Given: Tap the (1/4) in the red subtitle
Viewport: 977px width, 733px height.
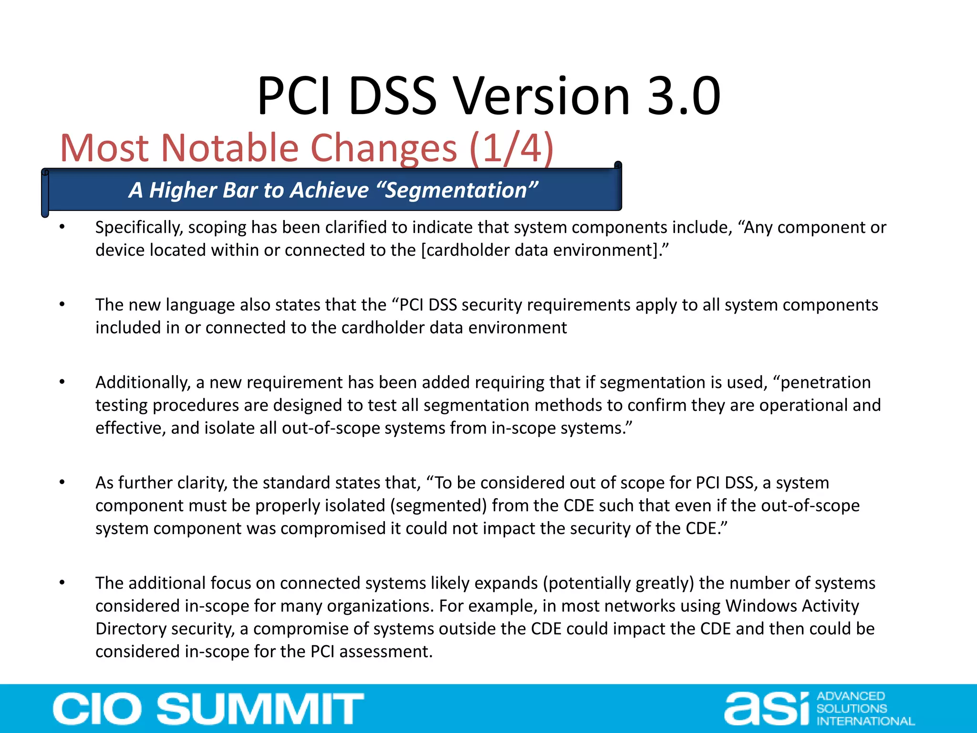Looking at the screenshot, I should [511, 148].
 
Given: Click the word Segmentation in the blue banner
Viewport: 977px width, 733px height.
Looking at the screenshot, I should [456, 190].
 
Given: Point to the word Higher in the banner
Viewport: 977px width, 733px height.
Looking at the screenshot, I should [183, 190].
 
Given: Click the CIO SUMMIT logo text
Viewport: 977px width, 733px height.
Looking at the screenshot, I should [208, 709].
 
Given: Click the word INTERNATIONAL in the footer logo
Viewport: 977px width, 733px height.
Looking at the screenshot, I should [865, 721].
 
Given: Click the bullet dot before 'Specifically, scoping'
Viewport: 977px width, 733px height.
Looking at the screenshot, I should [62, 227].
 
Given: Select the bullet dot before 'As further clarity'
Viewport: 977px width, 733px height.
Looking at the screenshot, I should [62, 482].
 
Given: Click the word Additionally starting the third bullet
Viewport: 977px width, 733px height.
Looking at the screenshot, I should [143, 382].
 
